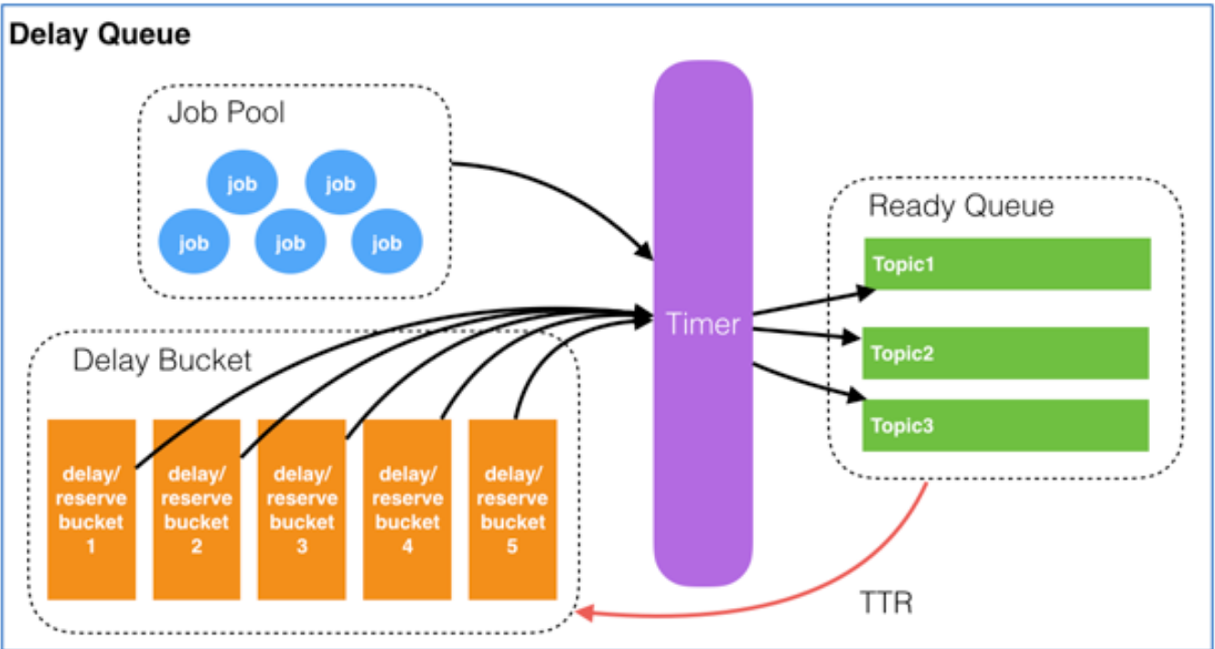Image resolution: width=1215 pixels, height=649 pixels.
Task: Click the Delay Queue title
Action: point(100,35)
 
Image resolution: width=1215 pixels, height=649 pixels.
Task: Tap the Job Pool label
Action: point(226,112)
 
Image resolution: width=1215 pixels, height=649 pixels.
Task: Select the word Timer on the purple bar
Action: point(703,324)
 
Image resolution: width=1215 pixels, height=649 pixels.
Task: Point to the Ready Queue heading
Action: point(962,206)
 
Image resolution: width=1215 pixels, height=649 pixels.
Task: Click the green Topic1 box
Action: point(1007,264)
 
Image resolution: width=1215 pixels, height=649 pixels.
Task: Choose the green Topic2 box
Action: point(1005,353)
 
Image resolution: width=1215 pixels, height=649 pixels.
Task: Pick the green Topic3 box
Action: point(1005,425)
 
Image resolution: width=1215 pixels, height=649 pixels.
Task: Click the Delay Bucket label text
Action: point(162,360)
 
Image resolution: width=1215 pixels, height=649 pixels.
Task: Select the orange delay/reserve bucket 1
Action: point(91,510)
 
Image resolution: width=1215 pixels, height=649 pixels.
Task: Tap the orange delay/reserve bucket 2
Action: point(197,510)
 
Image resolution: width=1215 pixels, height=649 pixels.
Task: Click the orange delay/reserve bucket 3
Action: point(302,510)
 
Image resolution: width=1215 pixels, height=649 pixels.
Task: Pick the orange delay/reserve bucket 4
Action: point(407,510)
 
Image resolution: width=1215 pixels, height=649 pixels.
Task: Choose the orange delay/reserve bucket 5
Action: point(512,510)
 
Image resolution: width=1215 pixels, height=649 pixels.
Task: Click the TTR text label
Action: point(887,602)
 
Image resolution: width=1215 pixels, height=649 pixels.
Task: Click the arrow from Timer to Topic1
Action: point(813,303)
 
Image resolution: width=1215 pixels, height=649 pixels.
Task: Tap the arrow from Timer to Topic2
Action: point(806,333)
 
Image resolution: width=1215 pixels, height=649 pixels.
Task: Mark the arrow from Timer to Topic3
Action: point(808,382)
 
